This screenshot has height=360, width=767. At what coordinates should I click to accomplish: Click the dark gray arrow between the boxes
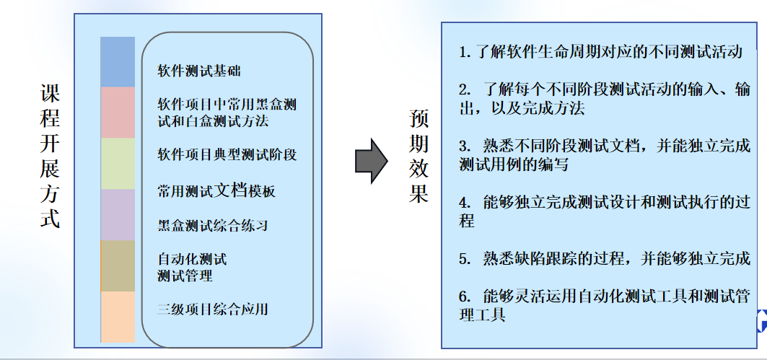[x=372, y=161]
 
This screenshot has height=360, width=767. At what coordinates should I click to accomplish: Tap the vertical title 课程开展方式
[x=50, y=156]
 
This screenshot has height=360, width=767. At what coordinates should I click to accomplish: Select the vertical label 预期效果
[x=418, y=156]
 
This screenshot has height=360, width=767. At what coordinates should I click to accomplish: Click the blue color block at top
[x=118, y=62]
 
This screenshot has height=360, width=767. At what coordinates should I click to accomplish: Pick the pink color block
[x=118, y=113]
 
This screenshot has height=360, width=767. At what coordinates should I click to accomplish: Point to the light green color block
[x=118, y=164]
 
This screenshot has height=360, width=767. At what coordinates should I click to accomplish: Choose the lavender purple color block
[x=118, y=215]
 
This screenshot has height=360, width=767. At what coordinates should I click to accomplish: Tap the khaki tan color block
[x=118, y=266]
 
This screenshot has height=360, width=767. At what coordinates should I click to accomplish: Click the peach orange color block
[x=118, y=317]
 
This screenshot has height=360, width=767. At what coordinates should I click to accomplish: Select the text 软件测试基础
[x=199, y=71]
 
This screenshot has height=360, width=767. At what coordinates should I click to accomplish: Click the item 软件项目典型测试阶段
[x=227, y=154]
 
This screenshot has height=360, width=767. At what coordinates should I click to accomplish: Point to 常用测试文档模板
[x=216, y=190]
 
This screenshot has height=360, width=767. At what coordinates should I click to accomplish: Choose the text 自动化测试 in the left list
[x=192, y=258]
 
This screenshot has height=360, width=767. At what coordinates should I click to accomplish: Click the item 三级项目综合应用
[x=213, y=309]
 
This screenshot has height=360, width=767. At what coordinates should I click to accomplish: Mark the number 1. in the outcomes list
[x=465, y=52]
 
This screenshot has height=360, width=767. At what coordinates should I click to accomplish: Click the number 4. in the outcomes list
[x=465, y=203]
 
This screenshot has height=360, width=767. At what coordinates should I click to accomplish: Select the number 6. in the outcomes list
[x=465, y=297]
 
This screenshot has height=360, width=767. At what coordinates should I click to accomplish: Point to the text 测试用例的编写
[x=514, y=164]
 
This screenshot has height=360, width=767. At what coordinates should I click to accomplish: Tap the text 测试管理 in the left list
[x=185, y=276]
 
